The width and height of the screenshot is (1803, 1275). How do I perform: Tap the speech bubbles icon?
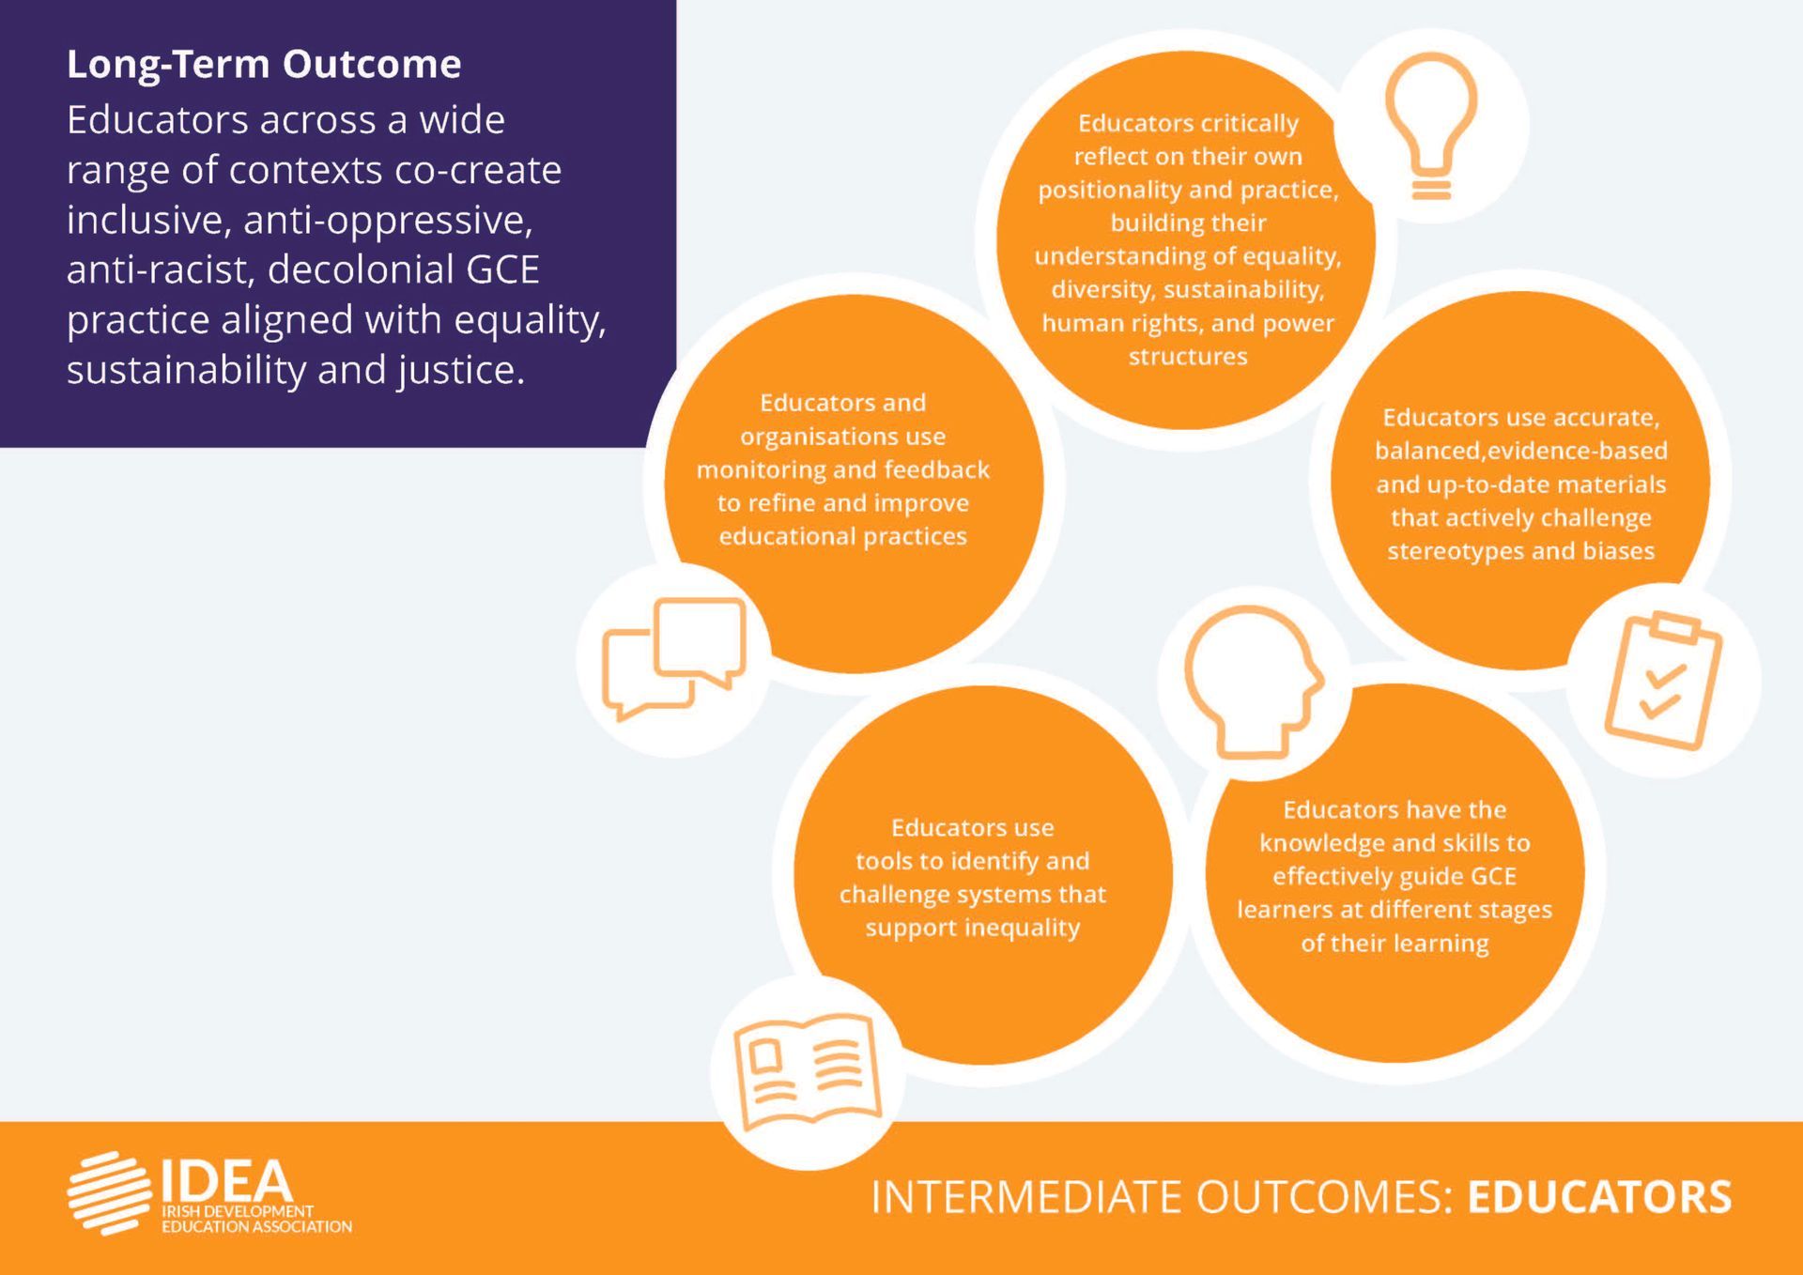point(674,658)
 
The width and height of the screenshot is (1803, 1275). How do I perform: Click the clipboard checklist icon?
point(1663,681)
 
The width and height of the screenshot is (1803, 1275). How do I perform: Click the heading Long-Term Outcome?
point(264,64)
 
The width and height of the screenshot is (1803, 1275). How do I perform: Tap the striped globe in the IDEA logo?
point(109,1192)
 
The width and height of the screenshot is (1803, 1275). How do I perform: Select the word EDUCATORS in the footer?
point(1599,1197)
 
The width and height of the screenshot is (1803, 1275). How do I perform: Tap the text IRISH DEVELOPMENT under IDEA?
point(238,1212)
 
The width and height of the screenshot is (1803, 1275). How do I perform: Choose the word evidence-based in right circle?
point(1578,451)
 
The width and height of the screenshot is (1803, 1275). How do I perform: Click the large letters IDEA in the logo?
point(226,1180)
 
